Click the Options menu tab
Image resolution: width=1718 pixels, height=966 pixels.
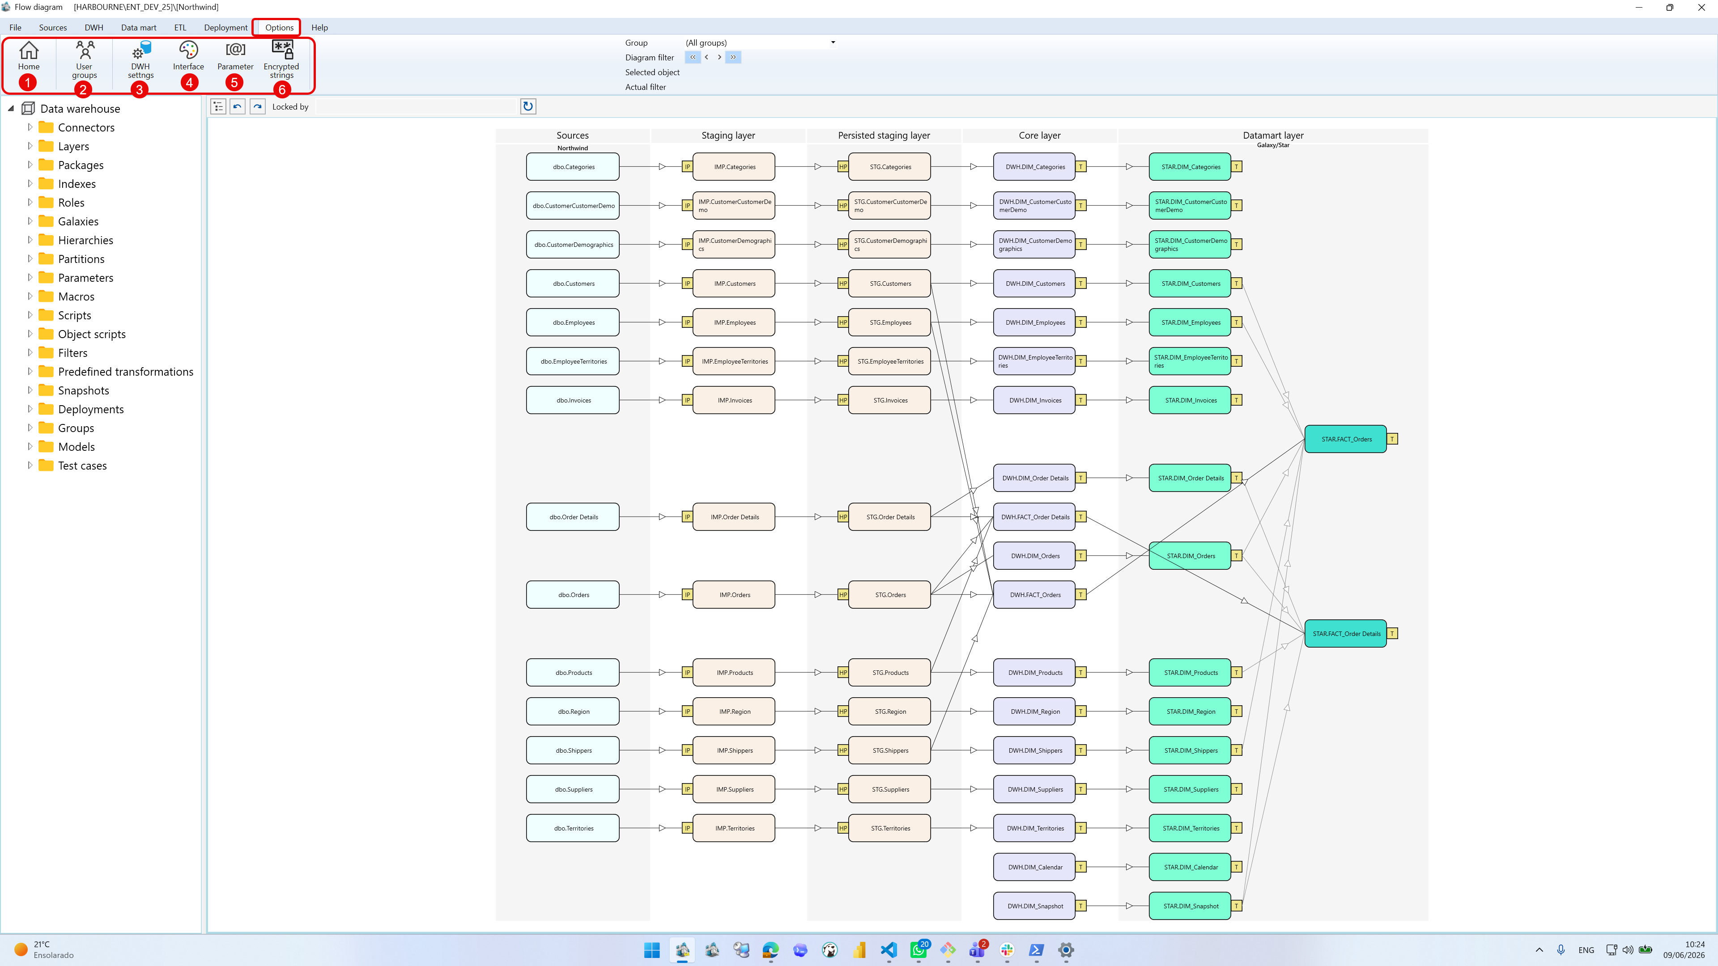click(279, 27)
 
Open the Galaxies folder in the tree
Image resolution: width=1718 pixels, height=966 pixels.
click(78, 221)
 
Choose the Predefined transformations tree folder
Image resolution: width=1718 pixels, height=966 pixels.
click(125, 371)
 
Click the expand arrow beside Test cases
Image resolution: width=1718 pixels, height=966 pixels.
click(30, 465)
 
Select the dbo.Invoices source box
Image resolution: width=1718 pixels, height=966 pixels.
click(573, 400)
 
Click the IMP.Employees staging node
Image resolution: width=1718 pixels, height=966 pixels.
click(734, 322)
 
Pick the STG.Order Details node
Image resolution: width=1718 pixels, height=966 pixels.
click(890, 517)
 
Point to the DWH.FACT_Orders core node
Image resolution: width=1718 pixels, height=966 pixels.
click(1034, 595)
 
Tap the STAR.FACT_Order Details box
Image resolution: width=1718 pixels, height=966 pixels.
click(1345, 633)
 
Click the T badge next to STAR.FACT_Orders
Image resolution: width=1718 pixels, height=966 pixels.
click(1393, 439)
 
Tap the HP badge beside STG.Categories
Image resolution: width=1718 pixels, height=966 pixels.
click(843, 167)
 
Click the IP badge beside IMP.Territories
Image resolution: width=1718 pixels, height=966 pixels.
click(687, 828)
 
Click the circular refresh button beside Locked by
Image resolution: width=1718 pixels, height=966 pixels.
click(527, 106)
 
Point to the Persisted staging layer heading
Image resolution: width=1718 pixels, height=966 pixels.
click(884, 136)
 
